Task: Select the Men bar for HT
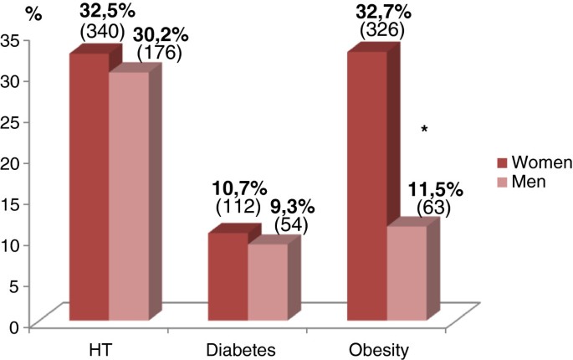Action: click(129, 196)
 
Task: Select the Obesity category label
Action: click(381, 348)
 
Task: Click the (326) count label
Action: click(381, 30)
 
